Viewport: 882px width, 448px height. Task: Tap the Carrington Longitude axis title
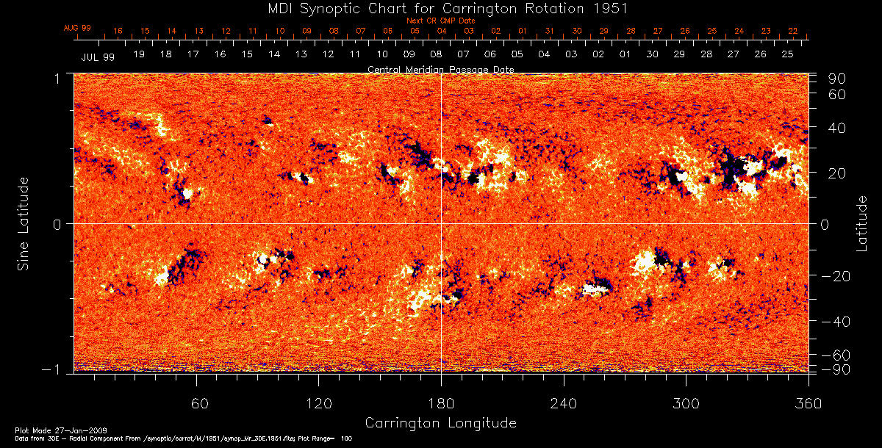440,423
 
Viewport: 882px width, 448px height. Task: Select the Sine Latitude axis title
24,223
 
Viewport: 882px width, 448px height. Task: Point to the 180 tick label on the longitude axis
441,403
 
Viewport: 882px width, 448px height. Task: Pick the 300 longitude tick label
685,403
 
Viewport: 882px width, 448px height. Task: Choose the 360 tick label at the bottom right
808,403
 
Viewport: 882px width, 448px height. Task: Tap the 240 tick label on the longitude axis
563,403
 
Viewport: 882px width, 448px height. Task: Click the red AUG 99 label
76,28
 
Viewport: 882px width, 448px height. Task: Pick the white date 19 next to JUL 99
139,55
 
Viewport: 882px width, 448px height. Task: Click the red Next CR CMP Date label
440,21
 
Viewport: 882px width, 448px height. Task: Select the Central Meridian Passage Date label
440,69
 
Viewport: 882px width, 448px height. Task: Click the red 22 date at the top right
792,31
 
